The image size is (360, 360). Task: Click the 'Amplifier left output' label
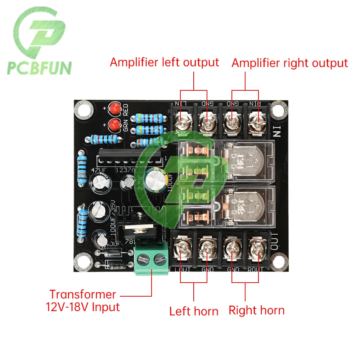point(165,62)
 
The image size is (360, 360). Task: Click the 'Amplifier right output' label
point(290,63)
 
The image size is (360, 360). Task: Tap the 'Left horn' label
point(194,311)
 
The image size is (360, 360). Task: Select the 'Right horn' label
point(256,310)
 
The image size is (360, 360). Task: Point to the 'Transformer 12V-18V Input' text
point(83,301)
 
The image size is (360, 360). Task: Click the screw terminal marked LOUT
point(181,248)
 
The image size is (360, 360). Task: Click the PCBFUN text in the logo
point(40,67)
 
